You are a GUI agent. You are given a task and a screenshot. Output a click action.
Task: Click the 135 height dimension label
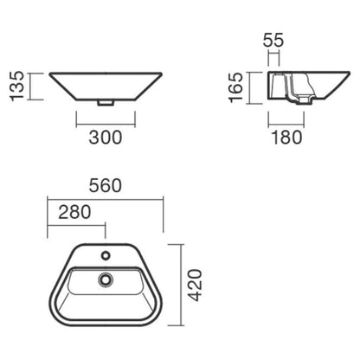point(17,86)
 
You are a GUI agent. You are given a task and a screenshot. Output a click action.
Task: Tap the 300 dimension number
point(106,138)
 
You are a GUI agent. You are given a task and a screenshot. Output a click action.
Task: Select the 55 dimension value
point(273,40)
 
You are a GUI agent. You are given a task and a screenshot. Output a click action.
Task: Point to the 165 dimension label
point(235,87)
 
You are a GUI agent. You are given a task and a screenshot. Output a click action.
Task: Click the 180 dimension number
point(286,138)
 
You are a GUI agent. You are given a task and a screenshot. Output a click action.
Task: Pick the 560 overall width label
point(106,185)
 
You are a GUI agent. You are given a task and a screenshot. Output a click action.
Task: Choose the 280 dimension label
point(74,212)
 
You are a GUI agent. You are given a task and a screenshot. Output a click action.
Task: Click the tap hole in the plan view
point(106,255)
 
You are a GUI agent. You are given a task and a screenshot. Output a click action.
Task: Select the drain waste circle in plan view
point(106,280)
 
